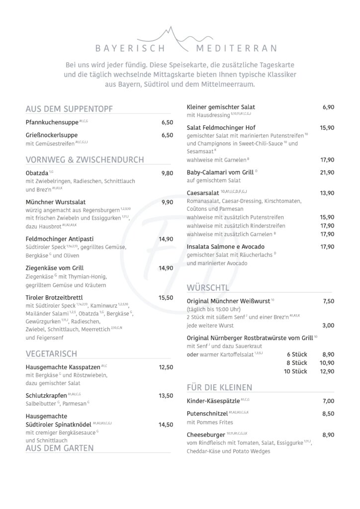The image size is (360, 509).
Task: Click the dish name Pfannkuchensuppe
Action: [52, 122]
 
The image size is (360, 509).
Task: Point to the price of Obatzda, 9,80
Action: [167, 173]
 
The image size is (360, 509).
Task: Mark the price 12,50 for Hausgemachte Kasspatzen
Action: [166, 367]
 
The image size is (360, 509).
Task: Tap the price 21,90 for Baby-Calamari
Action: [327, 172]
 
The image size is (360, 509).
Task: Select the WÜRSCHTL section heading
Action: [208, 287]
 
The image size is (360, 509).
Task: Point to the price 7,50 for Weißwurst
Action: [328, 301]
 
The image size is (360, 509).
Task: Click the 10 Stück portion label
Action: [295, 371]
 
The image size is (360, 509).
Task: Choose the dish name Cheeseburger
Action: [206, 434]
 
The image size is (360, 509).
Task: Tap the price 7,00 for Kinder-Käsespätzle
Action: [328, 401]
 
